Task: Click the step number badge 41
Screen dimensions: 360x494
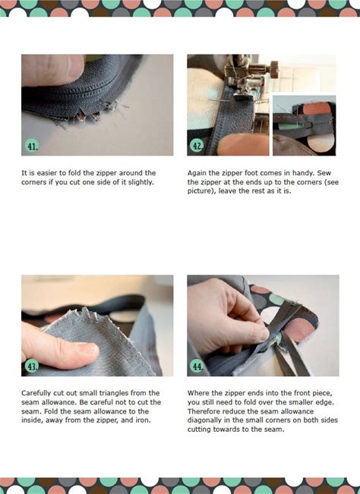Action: (32, 146)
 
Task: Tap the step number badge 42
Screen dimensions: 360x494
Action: (197, 146)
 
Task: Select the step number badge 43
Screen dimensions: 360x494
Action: (32, 367)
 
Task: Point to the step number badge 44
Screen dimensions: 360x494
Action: (197, 367)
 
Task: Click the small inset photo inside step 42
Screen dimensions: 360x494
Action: (305, 125)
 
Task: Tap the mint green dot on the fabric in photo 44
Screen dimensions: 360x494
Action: (276, 300)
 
